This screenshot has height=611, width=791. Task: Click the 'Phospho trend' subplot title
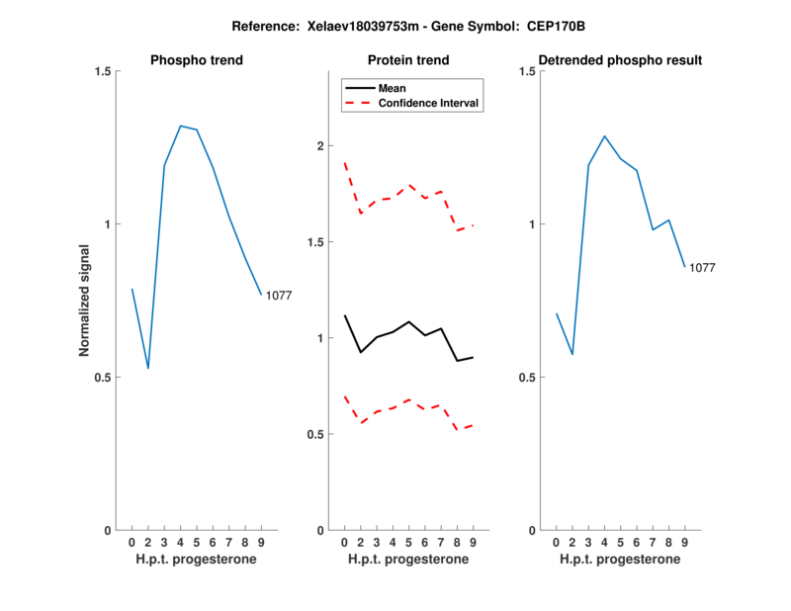click(197, 60)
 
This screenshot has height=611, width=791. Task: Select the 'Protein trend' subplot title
click(408, 60)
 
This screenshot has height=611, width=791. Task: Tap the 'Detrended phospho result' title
click(620, 60)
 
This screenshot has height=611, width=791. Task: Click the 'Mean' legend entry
click(393, 88)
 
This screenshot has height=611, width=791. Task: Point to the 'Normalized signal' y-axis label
click(85, 301)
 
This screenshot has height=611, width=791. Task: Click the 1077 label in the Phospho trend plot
click(279, 296)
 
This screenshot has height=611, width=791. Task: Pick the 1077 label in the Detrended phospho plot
click(702, 268)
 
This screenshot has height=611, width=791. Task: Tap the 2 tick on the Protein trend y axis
click(320, 146)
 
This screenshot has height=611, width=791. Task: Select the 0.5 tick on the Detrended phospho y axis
click(530, 378)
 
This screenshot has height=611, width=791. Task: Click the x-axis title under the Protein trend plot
click(408, 560)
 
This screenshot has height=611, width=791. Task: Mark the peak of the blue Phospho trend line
click(180, 126)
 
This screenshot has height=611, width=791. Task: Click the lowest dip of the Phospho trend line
click(148, 368)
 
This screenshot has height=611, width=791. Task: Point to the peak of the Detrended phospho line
click(604, 136)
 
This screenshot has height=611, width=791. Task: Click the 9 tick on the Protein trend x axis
click(474, 542)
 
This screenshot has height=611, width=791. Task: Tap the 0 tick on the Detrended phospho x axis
click(556, 542)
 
